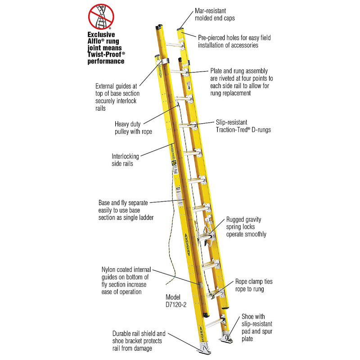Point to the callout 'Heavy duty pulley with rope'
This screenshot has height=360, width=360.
coord(134,128)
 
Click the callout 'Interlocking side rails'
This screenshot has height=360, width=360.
coord(125,160)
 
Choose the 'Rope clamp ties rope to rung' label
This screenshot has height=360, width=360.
coord(253,285)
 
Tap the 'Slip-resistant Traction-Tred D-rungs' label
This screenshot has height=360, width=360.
coord(240,126)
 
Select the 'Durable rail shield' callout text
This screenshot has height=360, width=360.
coord(139,341)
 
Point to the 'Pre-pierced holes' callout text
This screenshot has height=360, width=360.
coord(234,41)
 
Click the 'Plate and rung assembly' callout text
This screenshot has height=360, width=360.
coord(241,81)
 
